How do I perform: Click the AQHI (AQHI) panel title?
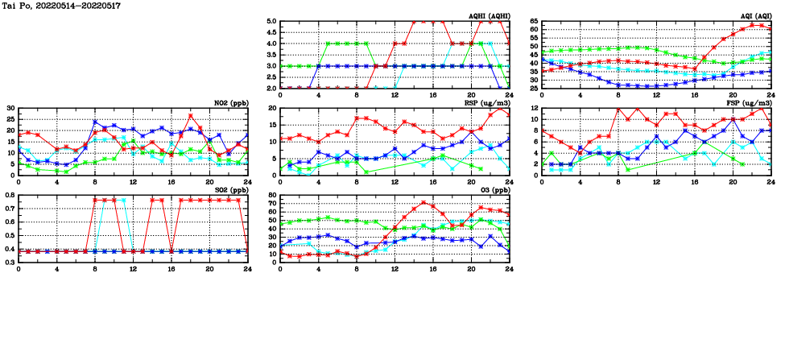coord(488,16)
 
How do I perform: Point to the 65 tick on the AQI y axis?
coord(535,22)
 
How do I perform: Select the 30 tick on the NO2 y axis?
coord(10,108)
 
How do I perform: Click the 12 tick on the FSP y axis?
coord(535,108)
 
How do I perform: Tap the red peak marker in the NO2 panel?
coord(191,116)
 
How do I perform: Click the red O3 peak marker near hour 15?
coord(423,203)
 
